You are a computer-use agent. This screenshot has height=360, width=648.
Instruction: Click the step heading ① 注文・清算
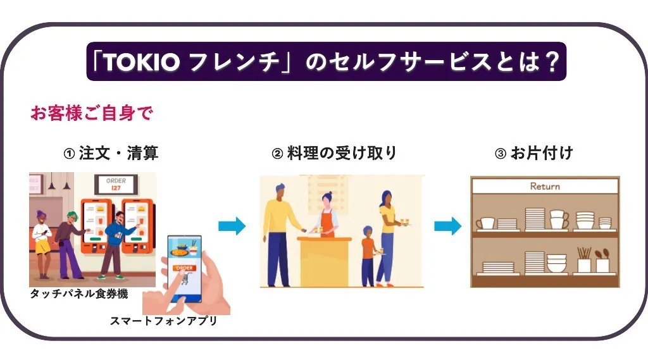tap(111, 153)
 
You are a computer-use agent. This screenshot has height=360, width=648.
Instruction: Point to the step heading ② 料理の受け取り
tap(334, 153)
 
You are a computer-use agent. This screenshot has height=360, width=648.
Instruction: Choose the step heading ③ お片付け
tap(534, 153)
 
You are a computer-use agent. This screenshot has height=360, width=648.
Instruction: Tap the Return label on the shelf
tap(545, 187)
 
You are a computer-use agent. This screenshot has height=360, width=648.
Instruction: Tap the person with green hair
tap(70, 240)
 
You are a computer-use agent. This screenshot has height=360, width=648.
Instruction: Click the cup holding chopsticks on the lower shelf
tap(583, 260)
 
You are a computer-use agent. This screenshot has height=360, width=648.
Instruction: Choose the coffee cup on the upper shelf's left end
tap(485, 223)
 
